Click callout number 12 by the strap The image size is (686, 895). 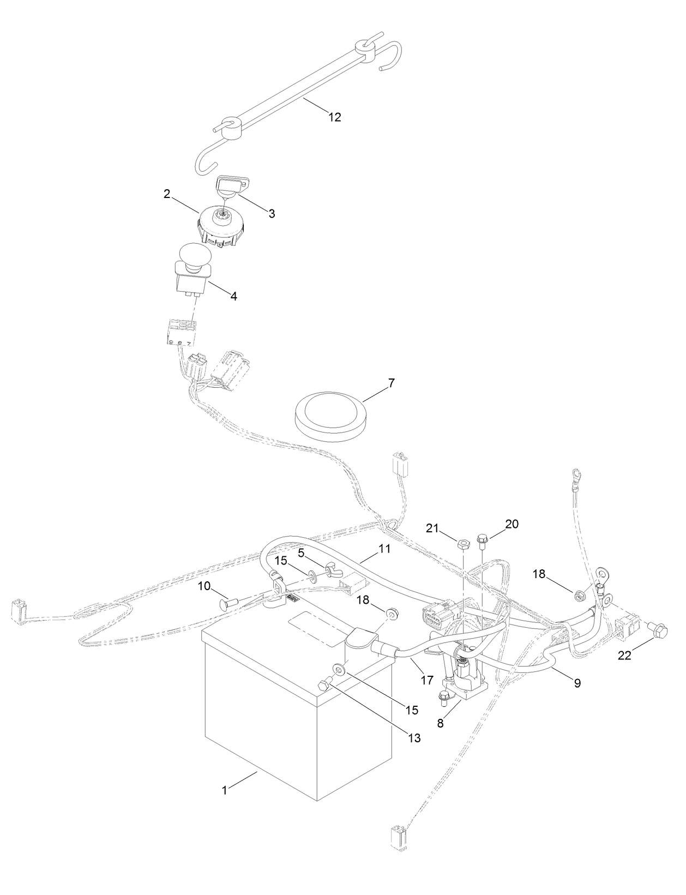click(x=335, y=117)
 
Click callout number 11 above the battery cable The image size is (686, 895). click(x=385, y=549)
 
